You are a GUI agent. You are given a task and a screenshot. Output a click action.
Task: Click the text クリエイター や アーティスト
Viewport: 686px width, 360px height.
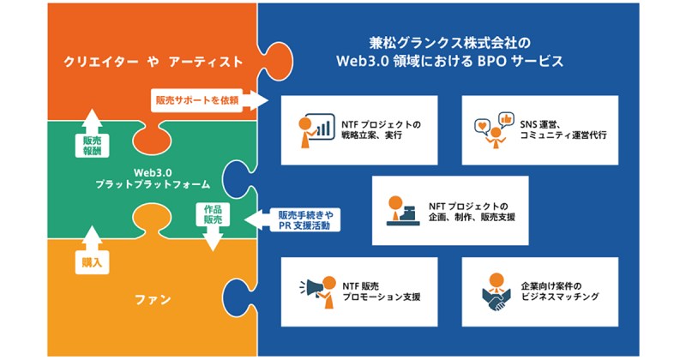[152, 62]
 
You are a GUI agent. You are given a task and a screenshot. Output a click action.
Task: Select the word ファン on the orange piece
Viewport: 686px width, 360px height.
[152, 300]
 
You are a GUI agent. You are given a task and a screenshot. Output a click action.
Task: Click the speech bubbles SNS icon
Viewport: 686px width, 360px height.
[493, 129]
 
